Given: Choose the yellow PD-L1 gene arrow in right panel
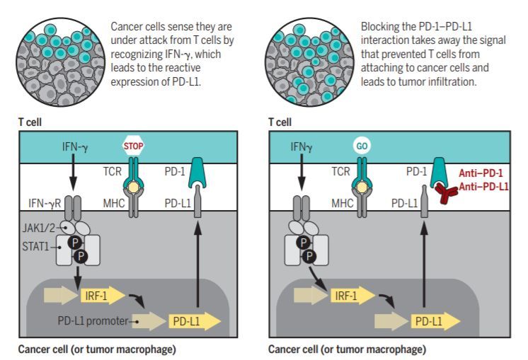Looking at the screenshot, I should coord(435,321).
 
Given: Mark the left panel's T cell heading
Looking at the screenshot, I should coord(30,122).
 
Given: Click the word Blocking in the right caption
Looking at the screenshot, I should coord(379,26).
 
